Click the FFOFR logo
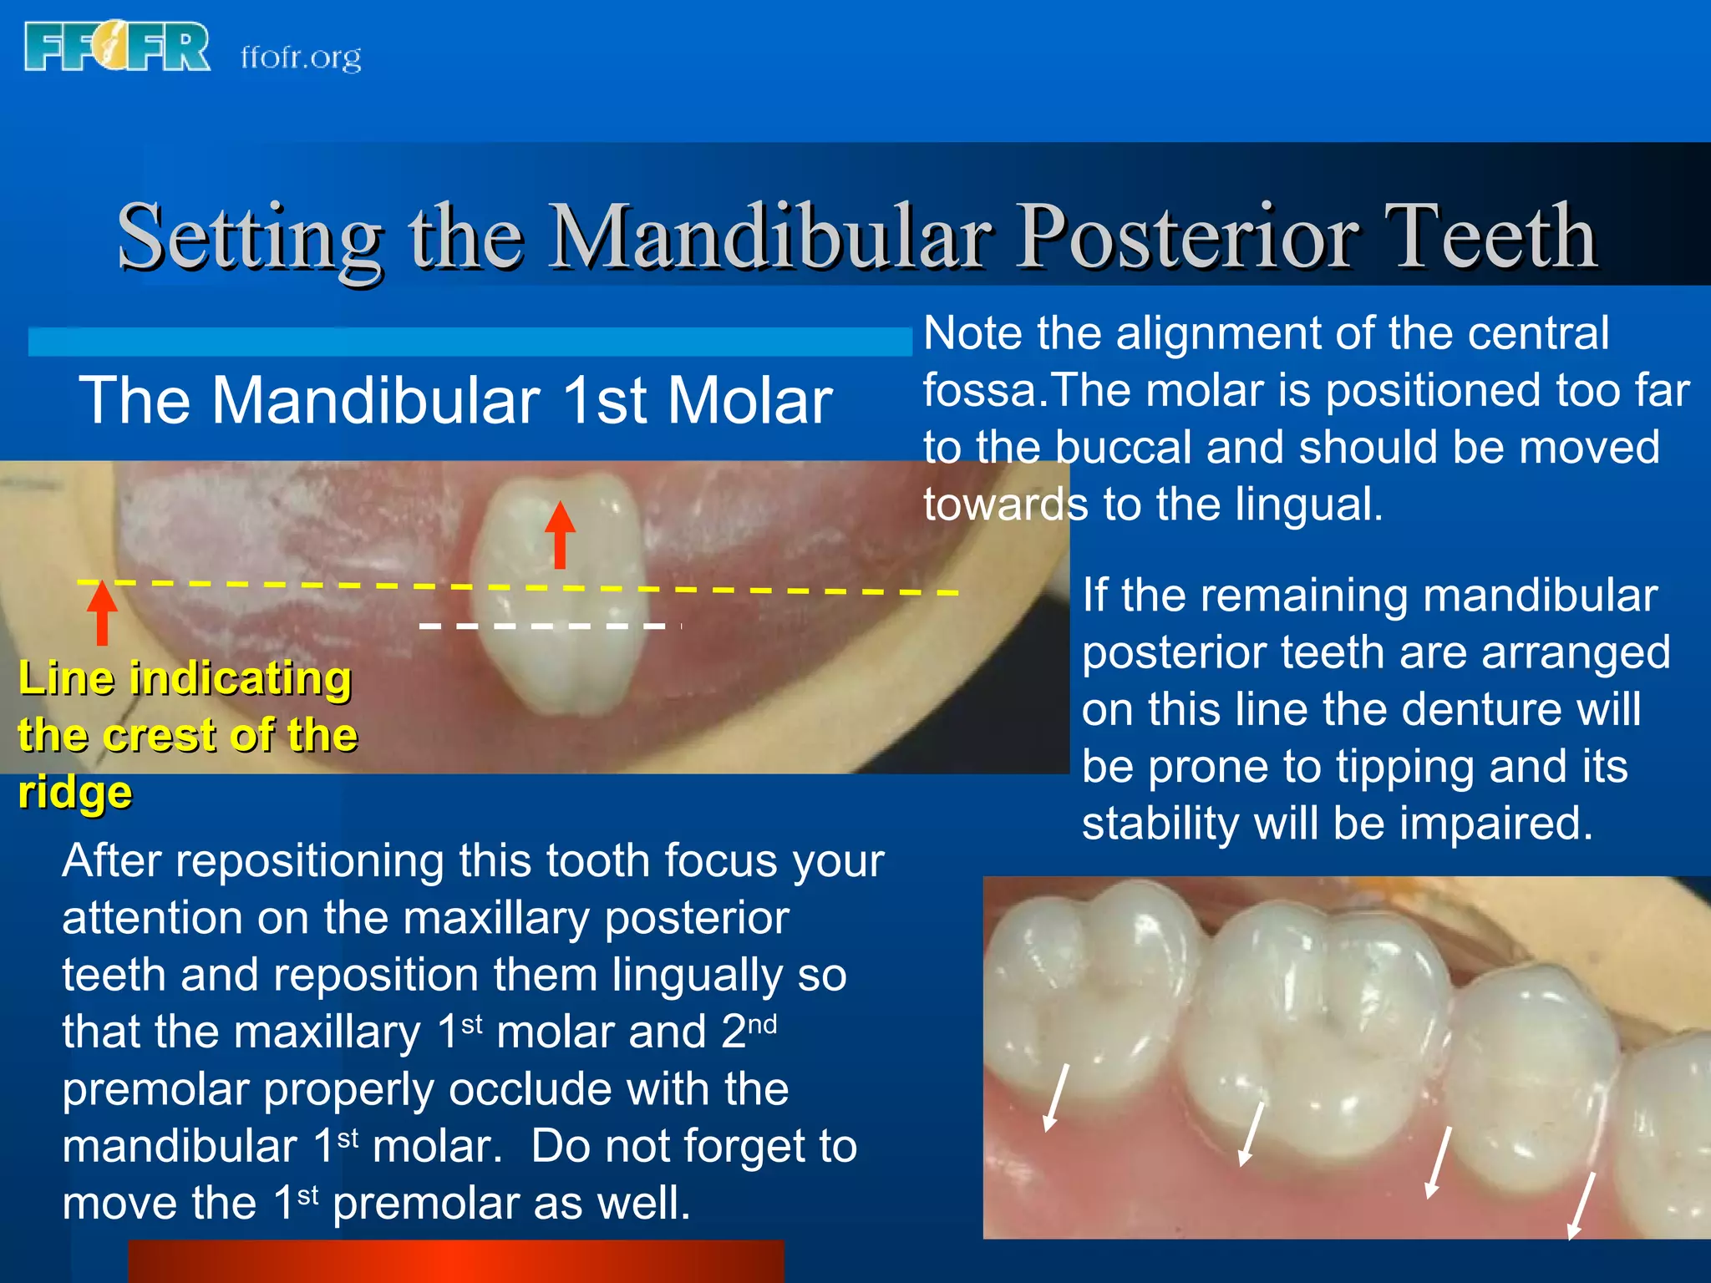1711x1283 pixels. (117, 48)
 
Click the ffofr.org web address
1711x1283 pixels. (301, 57)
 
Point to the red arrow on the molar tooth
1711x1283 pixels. (560, 535)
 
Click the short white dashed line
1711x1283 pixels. (543, 626)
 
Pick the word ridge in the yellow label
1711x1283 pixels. (75, 791)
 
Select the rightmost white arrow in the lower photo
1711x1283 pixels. (1581, 1205)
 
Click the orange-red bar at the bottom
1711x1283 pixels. (456, 1261)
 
